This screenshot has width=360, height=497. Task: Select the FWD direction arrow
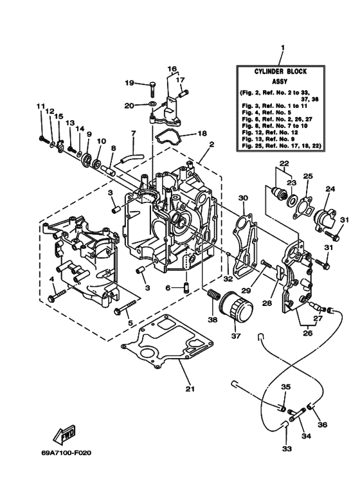(x=66, y=438)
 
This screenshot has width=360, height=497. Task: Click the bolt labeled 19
(x=152, y=84)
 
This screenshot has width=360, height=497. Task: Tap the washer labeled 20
(x=151, y=104)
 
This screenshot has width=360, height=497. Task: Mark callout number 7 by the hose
(x=134, y=134)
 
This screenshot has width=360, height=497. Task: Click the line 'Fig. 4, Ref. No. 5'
(x=265, y=113)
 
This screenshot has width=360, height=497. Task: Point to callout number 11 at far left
(x=40, y=106)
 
